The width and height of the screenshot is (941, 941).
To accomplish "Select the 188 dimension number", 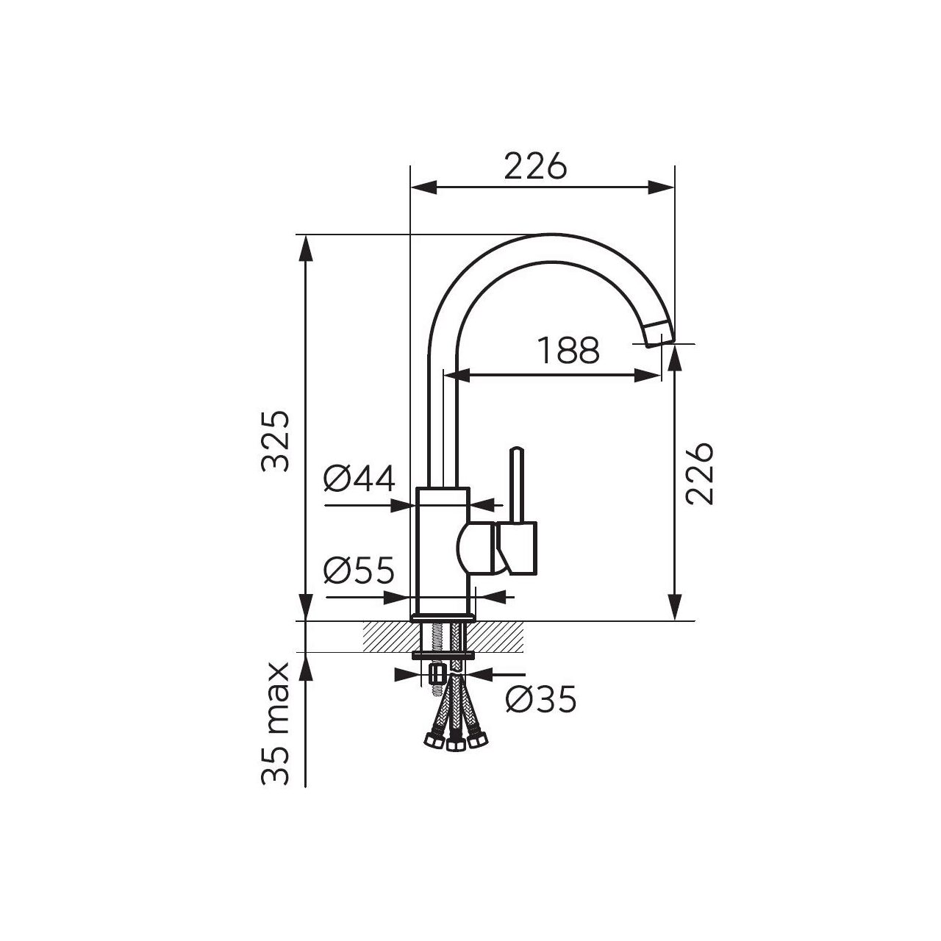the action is [x=568, y=350].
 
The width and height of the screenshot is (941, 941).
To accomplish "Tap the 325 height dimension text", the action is [x=276, y=441].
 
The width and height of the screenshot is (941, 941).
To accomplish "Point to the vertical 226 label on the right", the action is [x=699, y=473].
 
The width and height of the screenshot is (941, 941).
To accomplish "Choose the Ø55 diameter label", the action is [x=359, y=570].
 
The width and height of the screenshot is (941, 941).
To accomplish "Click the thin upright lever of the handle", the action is [x=517, y=484].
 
